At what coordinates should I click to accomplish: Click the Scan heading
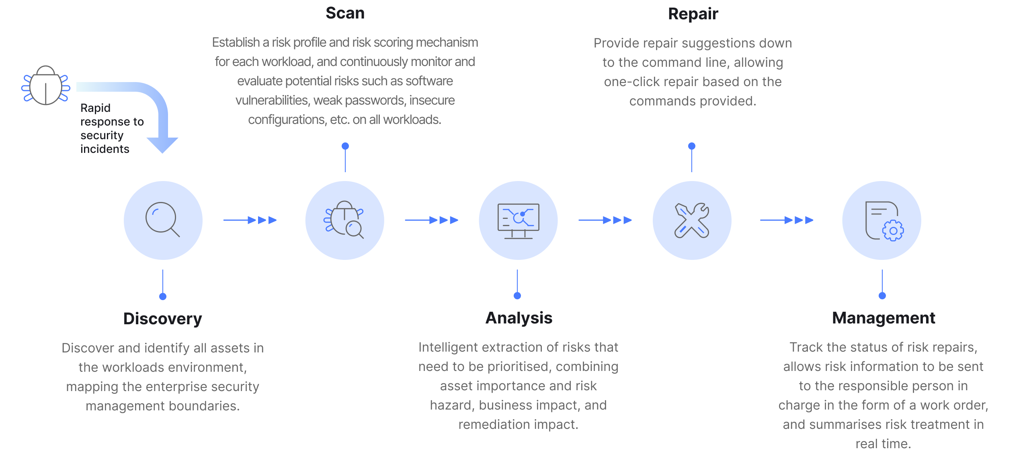click(x=345, y=13)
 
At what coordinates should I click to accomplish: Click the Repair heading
click(x=693, y=14)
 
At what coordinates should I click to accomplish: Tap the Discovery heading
click(x=162, y=319)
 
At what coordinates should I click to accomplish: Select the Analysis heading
click(x=519, y=318)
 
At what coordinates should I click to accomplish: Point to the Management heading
click(x=883, y=318)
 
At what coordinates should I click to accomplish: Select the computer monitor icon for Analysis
click(x=518, y=221)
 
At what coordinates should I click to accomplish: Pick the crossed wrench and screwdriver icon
click(x=692, y=220)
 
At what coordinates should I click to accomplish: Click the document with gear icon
click(x=883, y=221)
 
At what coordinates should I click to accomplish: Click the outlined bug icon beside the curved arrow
click(x=46, y=85)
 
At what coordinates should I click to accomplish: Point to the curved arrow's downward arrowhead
click(x=162, y=145)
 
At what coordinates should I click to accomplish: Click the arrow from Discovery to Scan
click(x=250, y=220)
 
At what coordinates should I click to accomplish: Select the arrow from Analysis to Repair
click(x=605, y=220)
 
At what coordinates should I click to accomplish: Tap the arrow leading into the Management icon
click(x=787, y=220)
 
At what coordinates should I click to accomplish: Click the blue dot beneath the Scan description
click(x=345, y=146)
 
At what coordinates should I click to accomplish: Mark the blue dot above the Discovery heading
click(x=163, y=297)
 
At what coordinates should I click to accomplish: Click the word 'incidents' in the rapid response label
click(x=105, y=149)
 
